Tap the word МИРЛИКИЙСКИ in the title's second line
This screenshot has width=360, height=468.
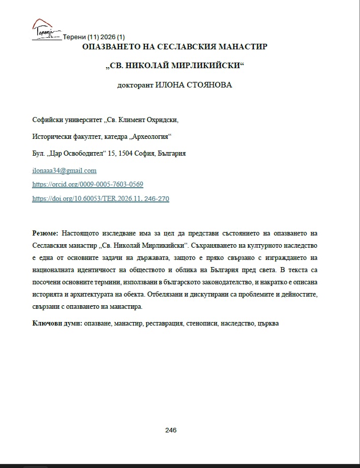coord(205,66)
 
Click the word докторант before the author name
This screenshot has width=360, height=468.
coord(134,85)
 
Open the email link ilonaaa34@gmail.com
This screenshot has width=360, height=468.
coord(64,170)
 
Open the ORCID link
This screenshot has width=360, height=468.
coord(87,184)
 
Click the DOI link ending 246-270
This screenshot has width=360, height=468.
coord(100,198)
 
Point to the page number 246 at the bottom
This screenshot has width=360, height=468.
coord(171,430)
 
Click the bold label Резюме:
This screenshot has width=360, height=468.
coord(45,233)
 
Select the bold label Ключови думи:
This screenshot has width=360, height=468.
coord(57,323)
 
